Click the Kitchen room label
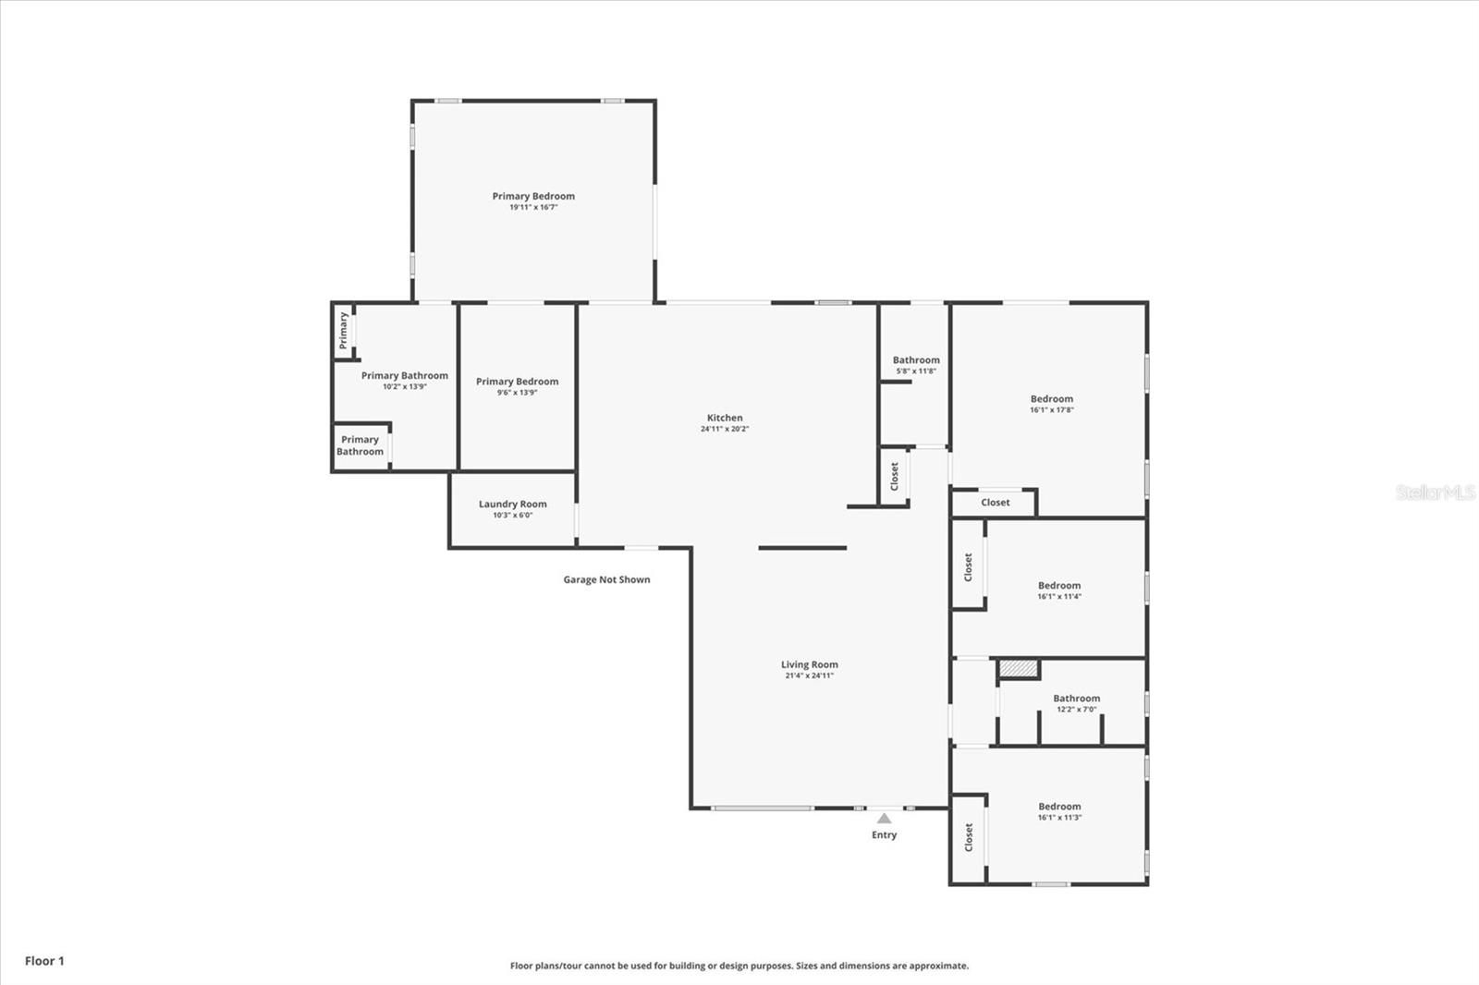tap(725, 419)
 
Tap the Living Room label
tap(809, 665)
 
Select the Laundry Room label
tap(512, 505)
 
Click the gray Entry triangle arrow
tap(884, 818)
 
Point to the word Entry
tap(884, 835)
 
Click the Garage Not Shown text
tap(606, 580)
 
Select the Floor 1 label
tap(44, 961)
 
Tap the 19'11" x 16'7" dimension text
tap(533, 208)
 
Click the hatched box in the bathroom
tap(1019, 668)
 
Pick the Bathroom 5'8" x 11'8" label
tap(915, 361)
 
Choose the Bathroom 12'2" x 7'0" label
tap(1076, 699)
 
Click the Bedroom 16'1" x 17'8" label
tap(1051, 400)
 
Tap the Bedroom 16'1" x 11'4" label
tap(1058, 586)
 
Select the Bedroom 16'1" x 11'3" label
tap(1058, 807)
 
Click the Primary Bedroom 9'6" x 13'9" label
tap(517, 383)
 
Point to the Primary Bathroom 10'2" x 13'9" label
tap(404, 376)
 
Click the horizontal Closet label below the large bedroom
tap(995, 503)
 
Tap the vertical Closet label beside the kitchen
tap(894, 477)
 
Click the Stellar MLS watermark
tap(1435, 492)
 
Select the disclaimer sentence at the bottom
tap(739, 966)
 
